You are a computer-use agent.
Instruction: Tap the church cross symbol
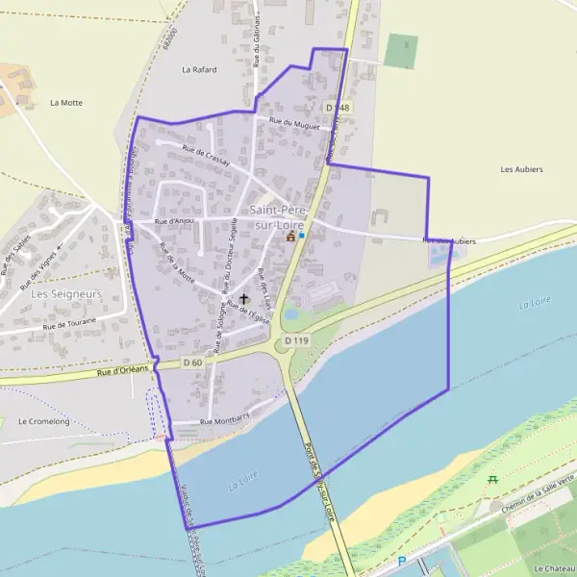(243, 299)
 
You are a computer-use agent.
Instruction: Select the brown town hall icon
(290, 236)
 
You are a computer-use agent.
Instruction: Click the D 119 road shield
(295, 340)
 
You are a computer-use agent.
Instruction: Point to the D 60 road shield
(193, 363)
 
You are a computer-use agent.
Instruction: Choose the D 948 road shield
(338, 108)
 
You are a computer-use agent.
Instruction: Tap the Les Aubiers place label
(522, 169)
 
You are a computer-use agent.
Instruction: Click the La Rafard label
(199, 70)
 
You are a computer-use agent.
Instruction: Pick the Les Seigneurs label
(66, 293)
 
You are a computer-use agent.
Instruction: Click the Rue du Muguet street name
(293, 122)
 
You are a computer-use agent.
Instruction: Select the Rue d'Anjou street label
(174, 221)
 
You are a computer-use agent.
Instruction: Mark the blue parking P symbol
(403, 562)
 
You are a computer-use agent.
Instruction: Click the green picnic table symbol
(492, 479)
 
